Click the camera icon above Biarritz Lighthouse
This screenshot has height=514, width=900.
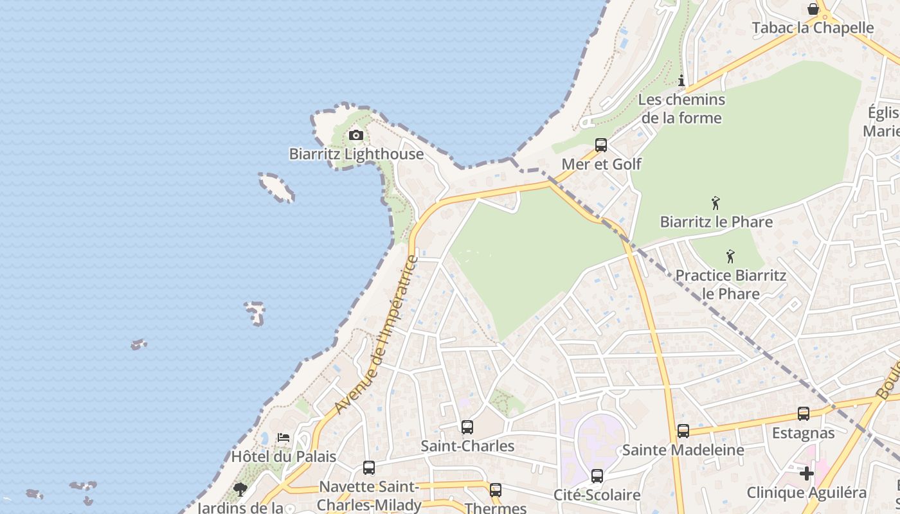[x=355, y=135]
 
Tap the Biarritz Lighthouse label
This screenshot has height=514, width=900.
[x=356, y=154]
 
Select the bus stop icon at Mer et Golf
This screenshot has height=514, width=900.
[x=601, y=145]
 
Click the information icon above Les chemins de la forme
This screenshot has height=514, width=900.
[x=681, y=80]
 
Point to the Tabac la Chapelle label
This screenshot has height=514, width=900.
[x=813, y=28]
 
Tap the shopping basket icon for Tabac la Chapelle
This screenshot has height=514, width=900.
[x=813, y=9]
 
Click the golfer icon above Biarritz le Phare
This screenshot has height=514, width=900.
[x=715, y=204]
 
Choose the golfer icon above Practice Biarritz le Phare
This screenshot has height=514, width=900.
[x=730, y=257]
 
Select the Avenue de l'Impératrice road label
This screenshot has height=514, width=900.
[x=377, y=335]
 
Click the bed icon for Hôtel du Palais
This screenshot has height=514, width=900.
[x=283, y=438]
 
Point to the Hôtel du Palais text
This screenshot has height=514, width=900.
[x=283, y=457]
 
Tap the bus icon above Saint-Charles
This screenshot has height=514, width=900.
[x=467, y=427]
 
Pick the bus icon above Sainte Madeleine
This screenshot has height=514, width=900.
[x=683, y=431]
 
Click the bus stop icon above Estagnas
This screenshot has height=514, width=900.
[x=804, y=414]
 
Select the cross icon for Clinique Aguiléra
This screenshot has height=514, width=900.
[x=807, y=474]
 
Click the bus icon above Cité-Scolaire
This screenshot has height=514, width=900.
[x=597, y=476]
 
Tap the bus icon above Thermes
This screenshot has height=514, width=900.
[x=495, y=490]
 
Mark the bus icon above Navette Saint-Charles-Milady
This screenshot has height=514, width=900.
[x=369, y=468]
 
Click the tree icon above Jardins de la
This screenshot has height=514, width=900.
[x=240, y=490]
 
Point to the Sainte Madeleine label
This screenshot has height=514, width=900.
[x=683, y=450]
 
